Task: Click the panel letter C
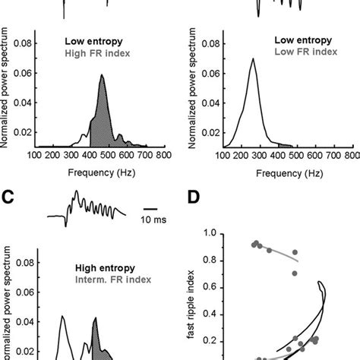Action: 8,200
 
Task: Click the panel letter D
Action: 195,200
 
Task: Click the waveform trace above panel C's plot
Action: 84,208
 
